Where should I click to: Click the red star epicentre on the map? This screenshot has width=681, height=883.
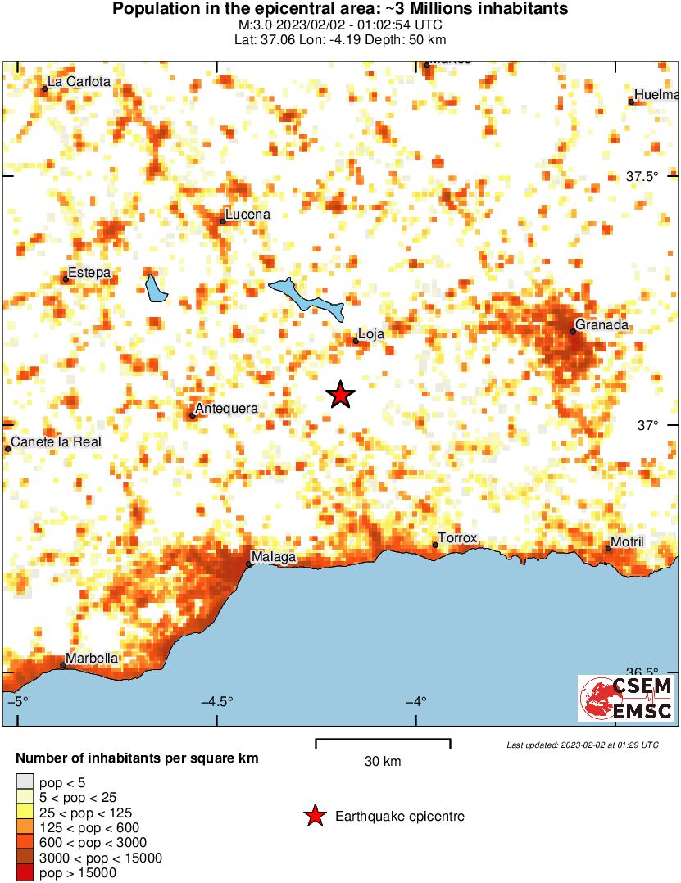coord(341,395)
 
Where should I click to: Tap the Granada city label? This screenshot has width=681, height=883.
coord(602,325)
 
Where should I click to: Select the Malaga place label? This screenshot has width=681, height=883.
coord(273,558)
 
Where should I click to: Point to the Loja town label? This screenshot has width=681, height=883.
coord(371,334)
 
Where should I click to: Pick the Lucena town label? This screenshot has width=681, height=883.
coord(247,215)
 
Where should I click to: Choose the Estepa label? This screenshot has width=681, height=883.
coord(89,273)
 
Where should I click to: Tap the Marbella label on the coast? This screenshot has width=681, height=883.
coord(92,659)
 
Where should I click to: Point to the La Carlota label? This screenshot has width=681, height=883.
coord(79,82)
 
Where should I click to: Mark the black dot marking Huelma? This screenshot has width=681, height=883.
coord(632,102)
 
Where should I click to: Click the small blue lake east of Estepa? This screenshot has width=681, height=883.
coord(155,287)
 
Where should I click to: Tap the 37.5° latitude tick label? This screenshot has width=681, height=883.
coord(642,176)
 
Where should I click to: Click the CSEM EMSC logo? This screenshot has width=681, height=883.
coord(627,698)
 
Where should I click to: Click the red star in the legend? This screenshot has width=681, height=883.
coord(314,816)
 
